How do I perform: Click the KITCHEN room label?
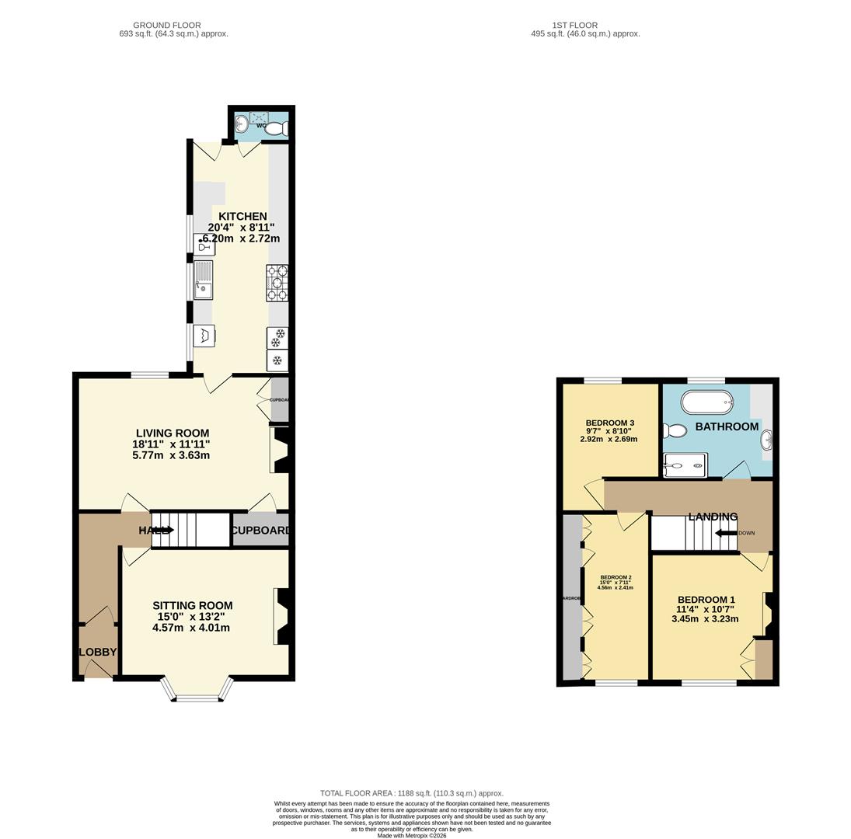tap(242, 216)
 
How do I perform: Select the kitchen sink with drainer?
tap(203, 280)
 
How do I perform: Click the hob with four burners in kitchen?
tap(277, 283)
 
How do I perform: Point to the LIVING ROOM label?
tap(172, 433)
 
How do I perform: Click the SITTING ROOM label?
tap(192, 605)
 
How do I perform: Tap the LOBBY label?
tap(97, 652)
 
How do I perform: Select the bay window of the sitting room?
tap(197, 691)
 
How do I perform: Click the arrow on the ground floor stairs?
tap(165, 530)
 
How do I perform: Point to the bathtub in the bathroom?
tap(706, 402)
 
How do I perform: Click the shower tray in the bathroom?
tap(685, 465)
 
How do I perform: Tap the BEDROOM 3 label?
tap(609, 423)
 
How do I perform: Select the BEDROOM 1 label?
tap(706, 600)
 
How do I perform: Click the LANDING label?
tap(713, 517)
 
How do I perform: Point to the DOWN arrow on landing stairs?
tap(726, 533)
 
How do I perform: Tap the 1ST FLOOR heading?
tap(574, 25)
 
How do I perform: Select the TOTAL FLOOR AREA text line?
tap(411, 793)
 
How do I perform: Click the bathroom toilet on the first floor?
tap(675, 430)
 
